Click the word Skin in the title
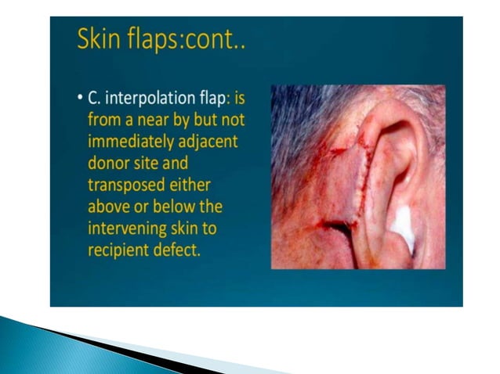[98, 40]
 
